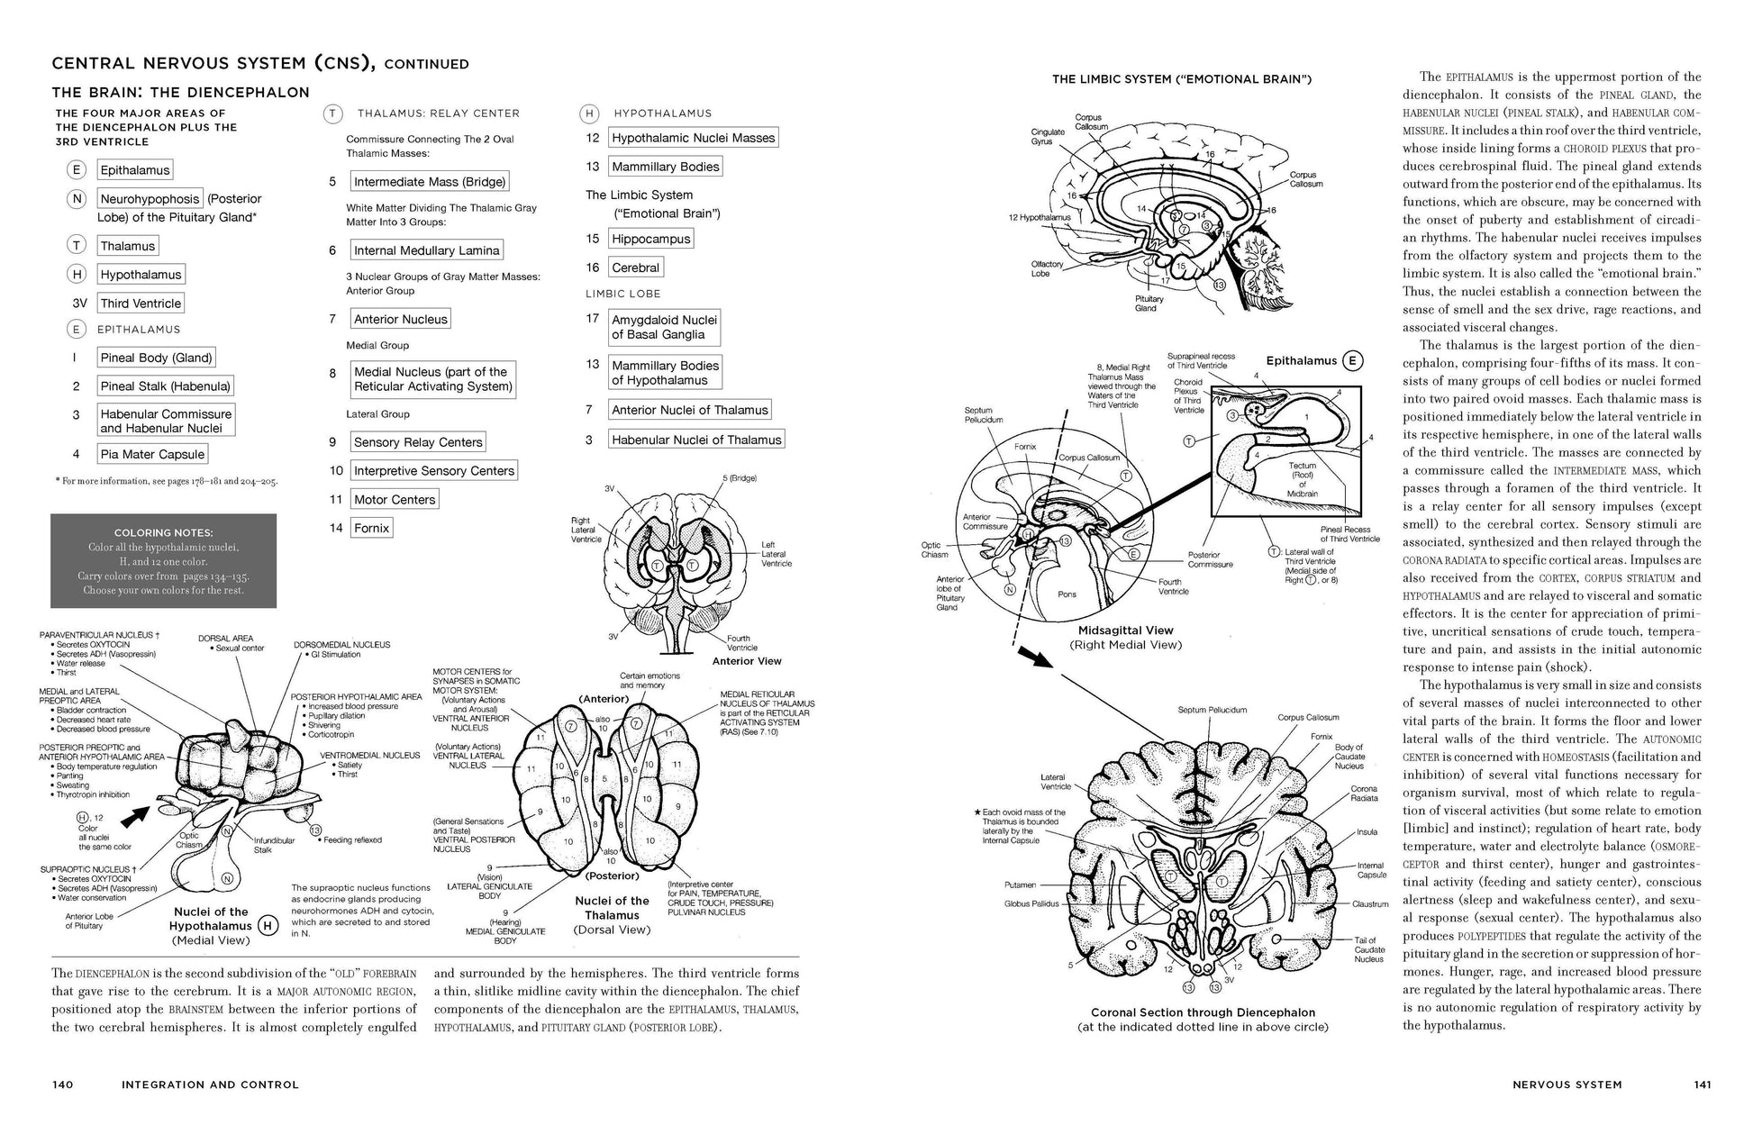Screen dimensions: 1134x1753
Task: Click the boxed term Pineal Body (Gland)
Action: click(x=157, y=358)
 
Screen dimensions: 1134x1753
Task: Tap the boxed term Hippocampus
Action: click(x=650, y=239)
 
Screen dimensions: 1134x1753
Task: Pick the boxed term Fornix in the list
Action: click(x=371, y=528)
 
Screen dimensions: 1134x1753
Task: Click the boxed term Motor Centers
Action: click(x=394, y=500)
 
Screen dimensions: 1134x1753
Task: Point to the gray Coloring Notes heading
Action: click(x=163, y=532)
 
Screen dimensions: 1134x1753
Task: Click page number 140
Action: click(x=63, y=1084)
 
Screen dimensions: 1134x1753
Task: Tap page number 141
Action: click(x=1702, y=1084)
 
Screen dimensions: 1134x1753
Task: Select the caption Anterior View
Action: click(x=746, y=661)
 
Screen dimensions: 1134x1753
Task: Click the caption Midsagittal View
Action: click(x=1125, y=631)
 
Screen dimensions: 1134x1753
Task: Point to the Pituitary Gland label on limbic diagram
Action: click(x=1145, y=304)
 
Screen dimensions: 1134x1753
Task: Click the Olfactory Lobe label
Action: click(x=1047, y=268)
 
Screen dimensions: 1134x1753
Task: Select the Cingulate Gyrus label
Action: click(x=1048, y=137)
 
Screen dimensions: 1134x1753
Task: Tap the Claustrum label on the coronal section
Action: click(x=1369, y=904)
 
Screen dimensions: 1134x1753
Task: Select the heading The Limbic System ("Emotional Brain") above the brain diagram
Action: click(x=1181, y=79)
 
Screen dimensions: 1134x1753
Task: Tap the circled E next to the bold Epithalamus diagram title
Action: click(x=1352, y=361)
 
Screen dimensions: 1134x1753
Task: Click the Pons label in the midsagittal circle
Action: click(x=1067, y=594)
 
